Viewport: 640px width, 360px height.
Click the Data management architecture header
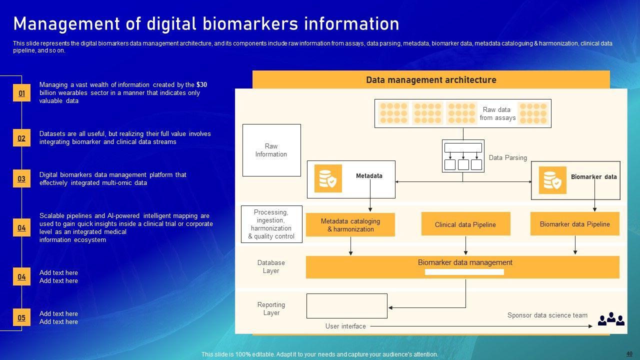(x=431, y=80)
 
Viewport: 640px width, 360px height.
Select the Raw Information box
(x=271, y=150)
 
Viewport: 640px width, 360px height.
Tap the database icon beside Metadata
(x=328, y=178)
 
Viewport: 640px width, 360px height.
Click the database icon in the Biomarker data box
(x=552, y=180)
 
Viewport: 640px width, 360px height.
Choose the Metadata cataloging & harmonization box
(x=350, y=225)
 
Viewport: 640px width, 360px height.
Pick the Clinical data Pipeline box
(x=465, y=224)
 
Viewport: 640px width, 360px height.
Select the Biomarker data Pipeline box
(x=574, y=224)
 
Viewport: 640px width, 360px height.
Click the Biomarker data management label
(x=465, y=262)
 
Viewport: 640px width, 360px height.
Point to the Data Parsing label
(x=507, y=157)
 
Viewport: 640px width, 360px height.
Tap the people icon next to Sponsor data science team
(x=611, y=318)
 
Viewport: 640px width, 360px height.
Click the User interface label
(x=345, y=326)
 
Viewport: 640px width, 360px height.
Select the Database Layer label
(x=271, y=266)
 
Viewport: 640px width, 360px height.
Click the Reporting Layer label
(x=271, y=308)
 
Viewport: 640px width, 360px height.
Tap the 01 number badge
(x=21, y=93)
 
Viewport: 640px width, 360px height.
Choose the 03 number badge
(x=21, y=179)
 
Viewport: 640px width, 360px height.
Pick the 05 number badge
(x=21, y=318)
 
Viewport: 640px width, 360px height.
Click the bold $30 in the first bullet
(x=201, y=85)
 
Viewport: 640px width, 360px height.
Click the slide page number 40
(x=629, y=353)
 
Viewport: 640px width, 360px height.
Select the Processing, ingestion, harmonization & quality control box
(x=271, y=224)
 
